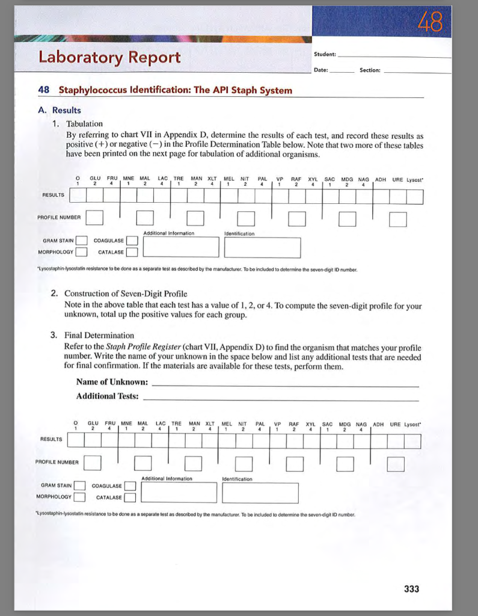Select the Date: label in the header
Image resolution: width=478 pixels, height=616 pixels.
321,70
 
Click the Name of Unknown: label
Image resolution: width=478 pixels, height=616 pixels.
112,382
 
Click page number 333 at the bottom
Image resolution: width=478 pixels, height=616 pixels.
411,589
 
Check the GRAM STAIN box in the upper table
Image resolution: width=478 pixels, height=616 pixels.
82,241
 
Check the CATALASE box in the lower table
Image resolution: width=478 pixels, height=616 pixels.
130,497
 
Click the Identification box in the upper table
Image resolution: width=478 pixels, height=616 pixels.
262,247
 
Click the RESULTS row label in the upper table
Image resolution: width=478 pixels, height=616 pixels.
52,195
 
